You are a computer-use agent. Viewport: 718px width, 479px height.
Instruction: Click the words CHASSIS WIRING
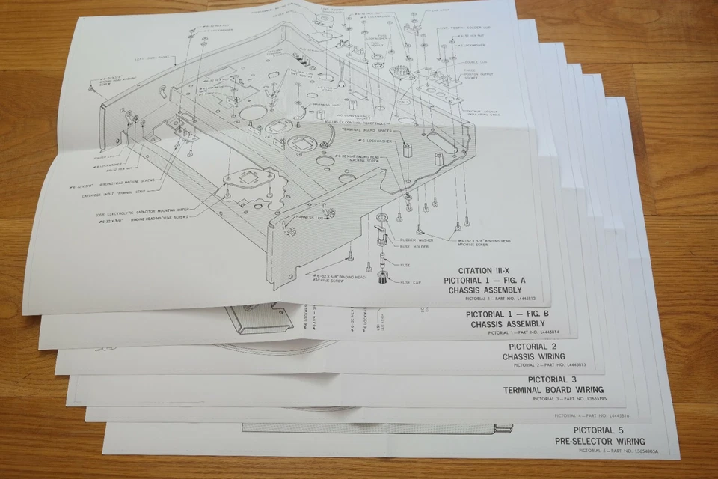(533, 356)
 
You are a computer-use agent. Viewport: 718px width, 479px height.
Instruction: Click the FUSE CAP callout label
(411, 282)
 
